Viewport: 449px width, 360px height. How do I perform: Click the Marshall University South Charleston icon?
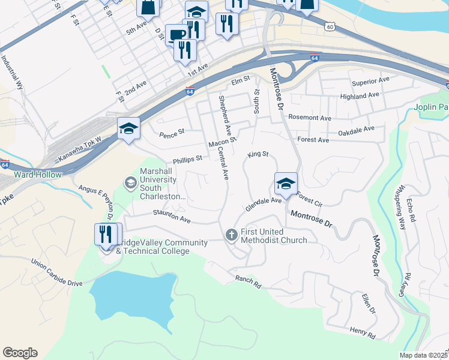pyautogui.click(x=130, y=182)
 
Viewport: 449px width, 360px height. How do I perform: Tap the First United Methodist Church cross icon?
pyautogui.click(x=232, y=235)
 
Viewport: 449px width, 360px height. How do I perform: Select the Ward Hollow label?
pyautogui.click(x=37, y=175)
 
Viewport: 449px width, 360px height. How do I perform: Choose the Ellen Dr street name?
pyautogui.click(x=368, y=301)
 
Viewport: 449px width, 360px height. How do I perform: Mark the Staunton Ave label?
pyautogui.click(x=172, y=216)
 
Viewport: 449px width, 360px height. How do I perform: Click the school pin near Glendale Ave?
pyautogui.click(x=286, y=184)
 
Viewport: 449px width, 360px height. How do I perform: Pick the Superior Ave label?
pyautogui.click(x=371, y=81)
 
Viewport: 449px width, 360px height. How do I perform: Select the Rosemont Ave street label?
pyautogui.click(x=310, y=118)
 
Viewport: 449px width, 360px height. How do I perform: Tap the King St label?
pyautogui.click(x=256, y=154)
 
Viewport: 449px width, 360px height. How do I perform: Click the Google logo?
pyautogui.click(x=20, y=353)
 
